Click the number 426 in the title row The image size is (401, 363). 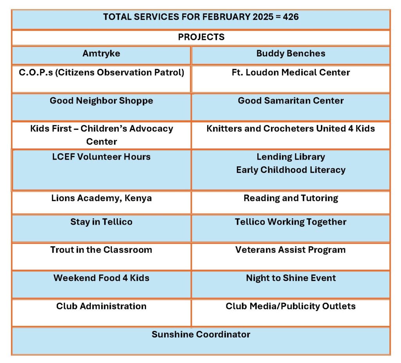point(290,17)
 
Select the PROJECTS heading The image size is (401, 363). point(201,37)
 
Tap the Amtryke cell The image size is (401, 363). point(101,54)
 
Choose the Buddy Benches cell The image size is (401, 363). point(291,54)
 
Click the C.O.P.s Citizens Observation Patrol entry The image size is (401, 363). point(101,73)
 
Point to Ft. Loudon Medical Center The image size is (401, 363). point(291,73)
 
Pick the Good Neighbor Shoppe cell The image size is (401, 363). point(101,101)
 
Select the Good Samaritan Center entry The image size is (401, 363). point(291,101)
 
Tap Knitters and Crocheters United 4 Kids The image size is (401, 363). point(291,129)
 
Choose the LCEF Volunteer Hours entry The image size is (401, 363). point(101,157)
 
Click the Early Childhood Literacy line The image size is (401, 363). point(291,170)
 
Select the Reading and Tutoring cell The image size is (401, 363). point(291,198)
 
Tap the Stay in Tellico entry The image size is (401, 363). point(101,222)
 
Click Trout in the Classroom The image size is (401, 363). point(101,250)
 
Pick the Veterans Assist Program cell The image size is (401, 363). point(291,250)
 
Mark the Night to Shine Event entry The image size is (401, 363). point(291,278)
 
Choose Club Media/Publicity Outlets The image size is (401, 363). point(291,307)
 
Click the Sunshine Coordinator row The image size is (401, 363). point(201,335)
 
